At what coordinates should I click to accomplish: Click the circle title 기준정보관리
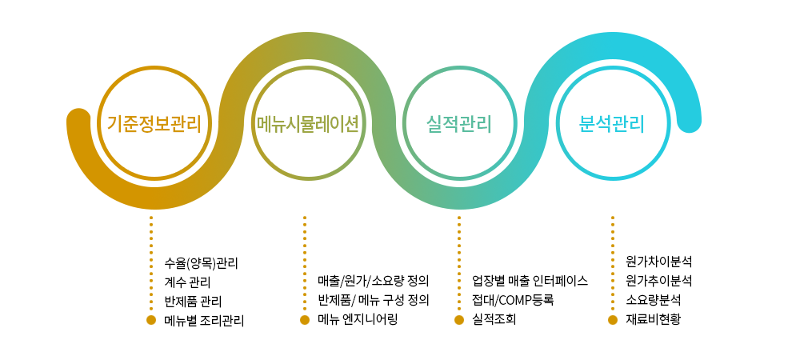click(x=154, y=124)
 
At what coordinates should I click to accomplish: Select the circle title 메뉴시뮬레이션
click(x=308, y=124)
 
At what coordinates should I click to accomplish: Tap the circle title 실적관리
click(x=458, y=124)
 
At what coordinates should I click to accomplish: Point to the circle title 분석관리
click(x=612, y=124)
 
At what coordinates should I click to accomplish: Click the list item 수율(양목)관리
click(x=201, y=264)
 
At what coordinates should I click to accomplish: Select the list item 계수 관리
click(x=187, y=282)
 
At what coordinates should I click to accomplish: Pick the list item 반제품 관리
click(x=193, y=302)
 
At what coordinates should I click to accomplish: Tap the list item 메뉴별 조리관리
click(x=204, y=321)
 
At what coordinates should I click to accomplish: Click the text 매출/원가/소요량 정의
click(x=373, y=281)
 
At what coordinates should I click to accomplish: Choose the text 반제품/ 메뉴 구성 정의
click(x=373, y=300)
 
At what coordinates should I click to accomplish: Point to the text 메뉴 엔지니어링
click(x=357, y=320)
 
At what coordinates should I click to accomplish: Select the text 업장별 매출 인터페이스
click(x=530, y=281)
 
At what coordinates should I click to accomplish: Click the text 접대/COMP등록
click(x=513, y=300)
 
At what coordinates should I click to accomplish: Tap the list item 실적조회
click(x=494, y=320)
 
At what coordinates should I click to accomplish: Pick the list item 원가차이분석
click(x=658, y=262)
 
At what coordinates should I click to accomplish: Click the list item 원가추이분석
click(x=658, y=281)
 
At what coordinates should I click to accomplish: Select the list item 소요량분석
click(x=653, y=300)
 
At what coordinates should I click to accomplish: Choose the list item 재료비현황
click(x=653, y=320)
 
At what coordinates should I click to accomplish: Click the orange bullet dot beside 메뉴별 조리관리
click(x=151, y=320)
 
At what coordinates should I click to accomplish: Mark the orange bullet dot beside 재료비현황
click(x=613, y=320)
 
